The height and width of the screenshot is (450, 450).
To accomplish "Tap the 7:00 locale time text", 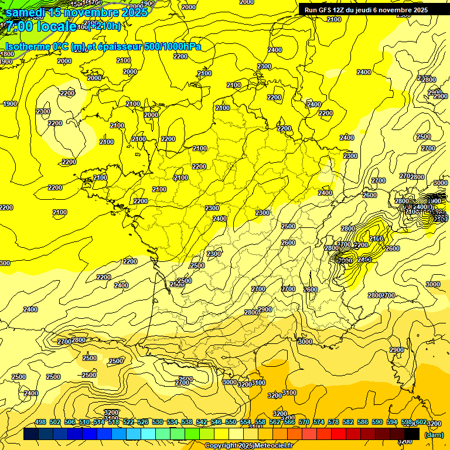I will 40,26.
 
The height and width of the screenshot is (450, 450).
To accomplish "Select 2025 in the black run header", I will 420,10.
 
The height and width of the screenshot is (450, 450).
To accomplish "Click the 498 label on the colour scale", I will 40,422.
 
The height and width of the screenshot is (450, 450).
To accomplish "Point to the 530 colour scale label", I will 158,422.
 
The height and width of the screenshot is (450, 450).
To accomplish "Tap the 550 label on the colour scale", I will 231,422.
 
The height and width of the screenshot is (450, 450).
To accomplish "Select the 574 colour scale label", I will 319,422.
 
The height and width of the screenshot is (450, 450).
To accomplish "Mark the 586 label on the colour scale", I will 363,422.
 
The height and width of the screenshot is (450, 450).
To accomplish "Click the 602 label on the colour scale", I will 421,422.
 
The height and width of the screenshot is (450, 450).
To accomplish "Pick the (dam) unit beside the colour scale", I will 434,435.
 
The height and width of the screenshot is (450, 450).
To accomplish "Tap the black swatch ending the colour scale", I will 412,434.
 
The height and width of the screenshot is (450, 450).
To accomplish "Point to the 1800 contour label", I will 6,54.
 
